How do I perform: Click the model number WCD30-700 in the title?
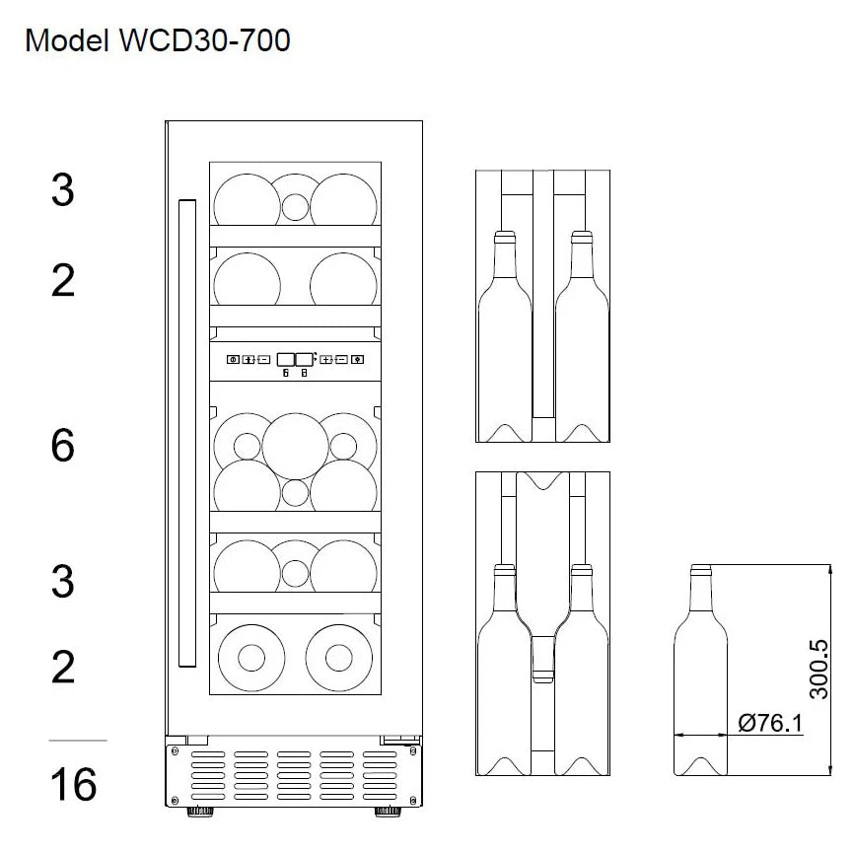(x=202, y=41)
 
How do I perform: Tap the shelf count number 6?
(x=62, y=447)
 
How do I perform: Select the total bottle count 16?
(x=73, y=785)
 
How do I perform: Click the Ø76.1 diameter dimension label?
(x=770, y=724)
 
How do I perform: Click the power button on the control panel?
(x=233, y=360)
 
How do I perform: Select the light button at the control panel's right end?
(x=357, y=360)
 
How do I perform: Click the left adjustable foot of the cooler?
(x=201, y=814)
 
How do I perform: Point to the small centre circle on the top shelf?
(x=294, y=208)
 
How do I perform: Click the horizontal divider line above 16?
(x=77, y=739)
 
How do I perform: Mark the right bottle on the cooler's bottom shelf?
(x=341, y=653)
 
